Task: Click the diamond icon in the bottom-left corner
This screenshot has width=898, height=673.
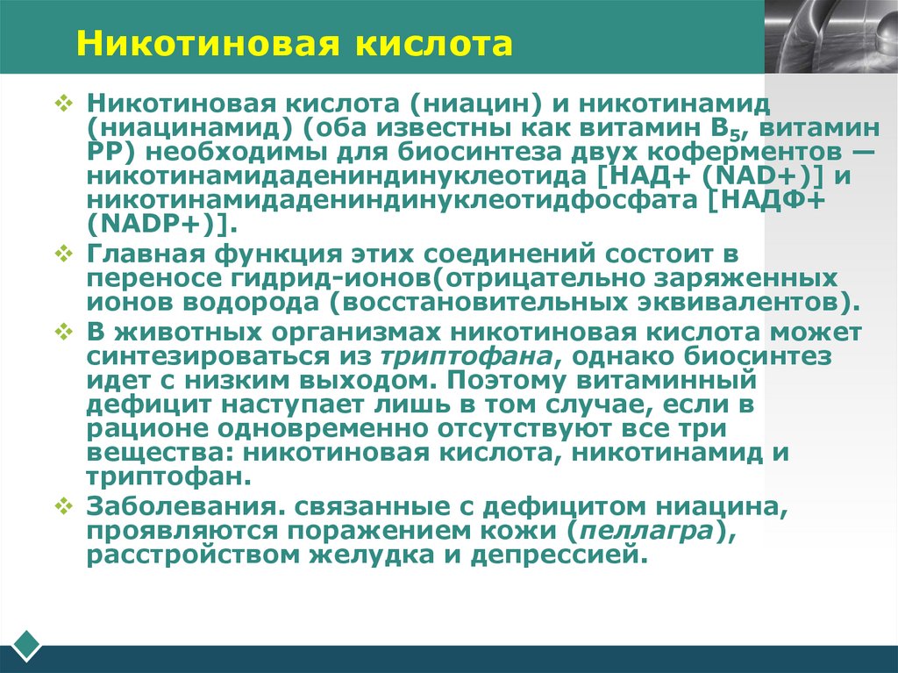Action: coord(26,644)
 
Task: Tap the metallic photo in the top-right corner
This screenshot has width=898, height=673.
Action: coord(830,35)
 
